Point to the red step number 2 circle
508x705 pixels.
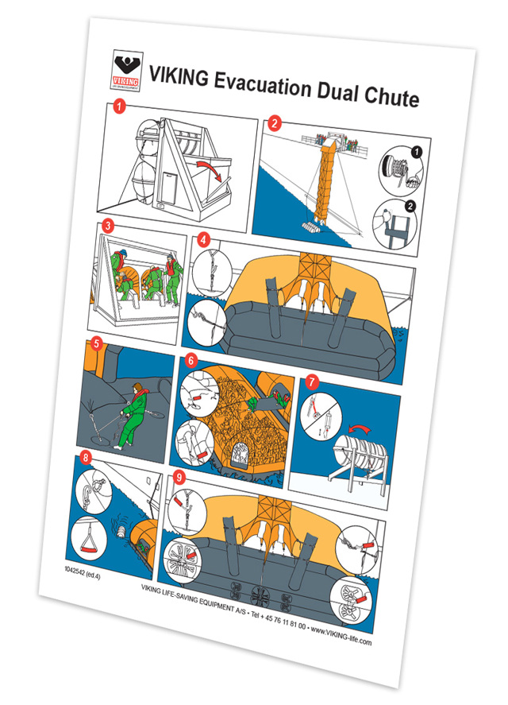pos(275,123)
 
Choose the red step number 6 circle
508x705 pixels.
pos(191,358)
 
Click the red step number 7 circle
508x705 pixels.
pos(313,381)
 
